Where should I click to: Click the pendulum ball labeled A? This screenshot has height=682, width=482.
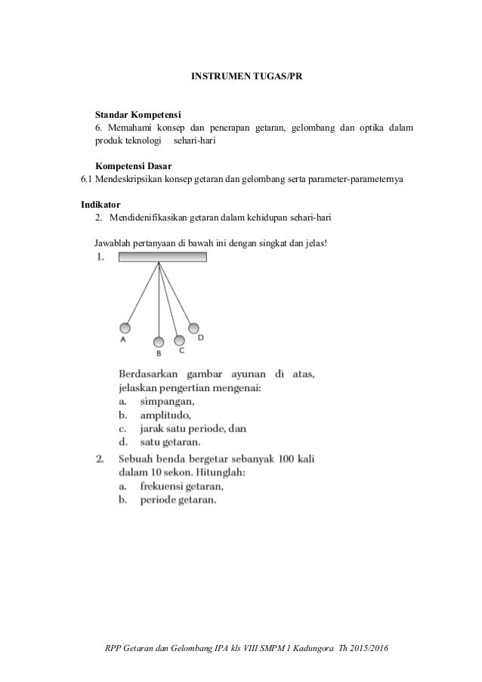click(125, 328)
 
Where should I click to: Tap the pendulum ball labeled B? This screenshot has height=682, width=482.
click(159, 341)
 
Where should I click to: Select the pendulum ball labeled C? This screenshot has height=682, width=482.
click(179, 340)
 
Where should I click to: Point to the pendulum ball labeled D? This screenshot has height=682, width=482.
click(194, 328)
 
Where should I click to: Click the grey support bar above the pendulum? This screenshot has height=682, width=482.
click(162, 258)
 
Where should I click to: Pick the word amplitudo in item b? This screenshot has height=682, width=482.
click(165, 415)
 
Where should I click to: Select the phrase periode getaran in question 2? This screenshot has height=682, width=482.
click(178, 499)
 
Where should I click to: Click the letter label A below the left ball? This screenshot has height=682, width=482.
click(122, 341)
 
